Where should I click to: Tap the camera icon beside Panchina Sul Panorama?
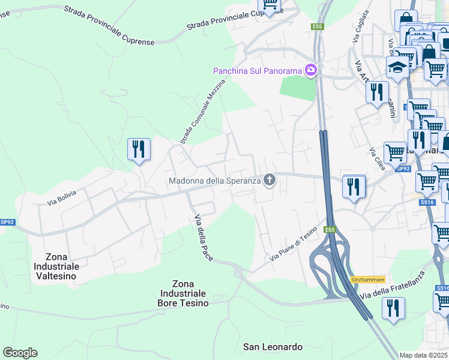click(x=310, y=70)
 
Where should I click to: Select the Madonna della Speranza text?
click(x=214, y=181)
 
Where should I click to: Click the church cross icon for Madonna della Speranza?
click(x=270, y=179)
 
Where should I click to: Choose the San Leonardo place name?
click(x=273, y=347)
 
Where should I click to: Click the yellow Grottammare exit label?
click(x=367, y=280)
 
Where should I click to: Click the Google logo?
click(x=20, y=352)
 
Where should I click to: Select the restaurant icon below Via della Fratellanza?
click(x=393, y=308)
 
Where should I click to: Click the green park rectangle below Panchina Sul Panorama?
click(x=298, y=88)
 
